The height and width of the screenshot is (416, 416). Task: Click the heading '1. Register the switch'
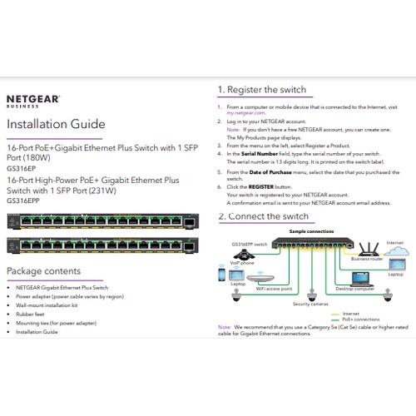[x=261, y=90]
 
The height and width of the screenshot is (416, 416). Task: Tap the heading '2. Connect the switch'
[x=262, y=216]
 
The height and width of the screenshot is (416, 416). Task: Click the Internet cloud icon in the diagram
[x=395, y=253]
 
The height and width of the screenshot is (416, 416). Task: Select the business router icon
[x=364, y=247]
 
